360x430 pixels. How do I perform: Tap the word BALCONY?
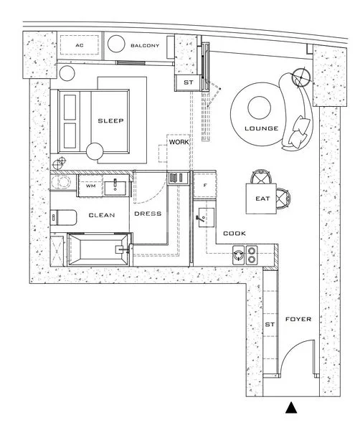tap(144, 45)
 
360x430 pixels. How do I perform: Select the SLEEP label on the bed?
tap(110, 121)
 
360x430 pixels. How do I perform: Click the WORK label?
tap(178, 143)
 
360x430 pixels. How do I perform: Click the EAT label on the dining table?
tap(262, 200)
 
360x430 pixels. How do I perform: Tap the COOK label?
tap(235, 234)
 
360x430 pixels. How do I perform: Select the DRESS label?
tap(148, 214)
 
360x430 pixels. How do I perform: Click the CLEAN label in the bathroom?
tap(102, 215)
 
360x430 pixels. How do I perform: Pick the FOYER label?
tap(298, 319)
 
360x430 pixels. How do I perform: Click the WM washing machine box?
tap(90, 186)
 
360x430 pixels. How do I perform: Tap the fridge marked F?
tap(205, 186)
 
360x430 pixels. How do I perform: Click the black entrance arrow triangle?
tap(290, 408)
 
